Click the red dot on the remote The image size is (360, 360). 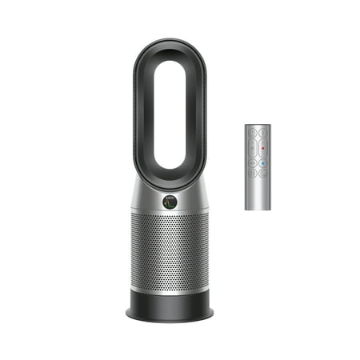click(x=262, y=148)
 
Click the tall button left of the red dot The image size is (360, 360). click(x=252, y=146)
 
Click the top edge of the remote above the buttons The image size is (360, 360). click(x=257, y=126)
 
